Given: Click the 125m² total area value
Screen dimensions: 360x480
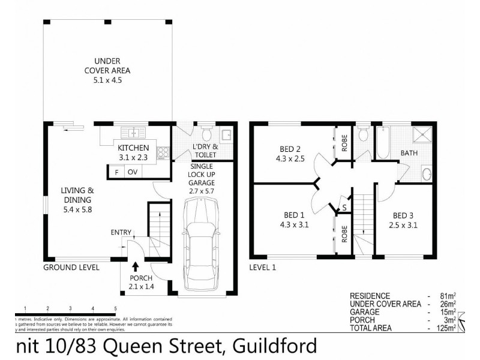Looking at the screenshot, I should click(x=445, y=328).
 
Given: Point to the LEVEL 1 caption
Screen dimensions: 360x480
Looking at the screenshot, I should click(x=263, y=267).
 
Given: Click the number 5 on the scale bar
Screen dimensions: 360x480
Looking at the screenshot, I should click(x=115, y=308).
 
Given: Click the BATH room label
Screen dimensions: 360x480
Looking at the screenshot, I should click(x=409, y=153).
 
